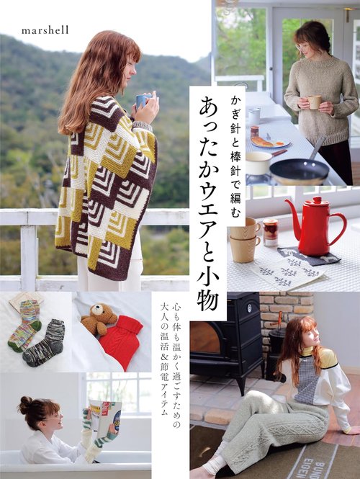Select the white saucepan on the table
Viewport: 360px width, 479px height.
point(259,162)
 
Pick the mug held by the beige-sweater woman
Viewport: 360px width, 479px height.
point(314,102)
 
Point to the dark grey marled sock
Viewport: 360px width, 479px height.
point(45,344)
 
